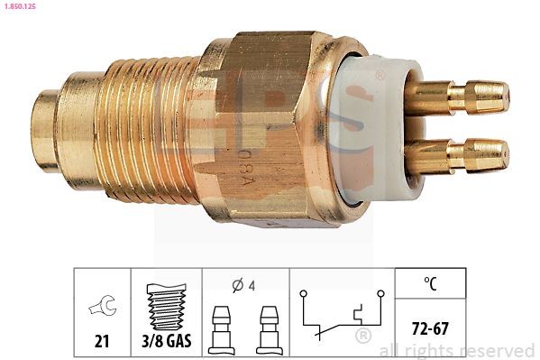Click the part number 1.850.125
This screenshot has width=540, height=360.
[21, 8]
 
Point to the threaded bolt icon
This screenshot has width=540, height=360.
[167, 305]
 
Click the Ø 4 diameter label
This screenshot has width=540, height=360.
[243, 286]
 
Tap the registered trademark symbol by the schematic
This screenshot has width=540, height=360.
[363, 337]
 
